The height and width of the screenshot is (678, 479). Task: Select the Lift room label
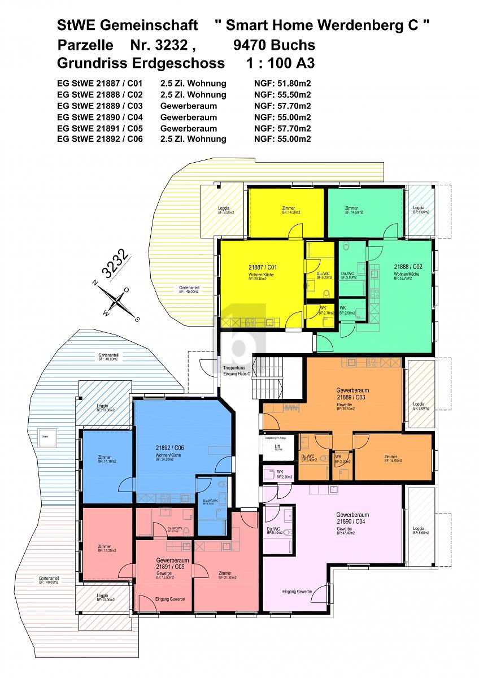pyautogui.click(x=277, y=448)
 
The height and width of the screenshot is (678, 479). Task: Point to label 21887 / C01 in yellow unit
pyautogui.click(x=262, y=267)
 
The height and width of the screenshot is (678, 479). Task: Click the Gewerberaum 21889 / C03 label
pyautogui.click(x=352, y=394)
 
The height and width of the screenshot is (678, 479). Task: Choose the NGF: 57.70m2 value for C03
pyautogui.click(x=283, y=106)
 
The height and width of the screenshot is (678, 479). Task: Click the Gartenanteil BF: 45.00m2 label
pyautogui.click(x=189, y=290)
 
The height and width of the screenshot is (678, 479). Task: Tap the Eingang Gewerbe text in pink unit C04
pyautogui.click(x=297, y=591)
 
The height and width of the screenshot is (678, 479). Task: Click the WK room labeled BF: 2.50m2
pyautogui.click(x=347, y=311)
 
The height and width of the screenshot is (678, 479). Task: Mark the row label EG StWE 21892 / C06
pyautogui.click(x=100, y=139)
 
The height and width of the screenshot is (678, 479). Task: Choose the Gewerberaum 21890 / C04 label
pyautogui.click(x=352, y=519)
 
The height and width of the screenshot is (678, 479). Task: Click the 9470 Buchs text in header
pyautogui.click(x=274, y=44)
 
